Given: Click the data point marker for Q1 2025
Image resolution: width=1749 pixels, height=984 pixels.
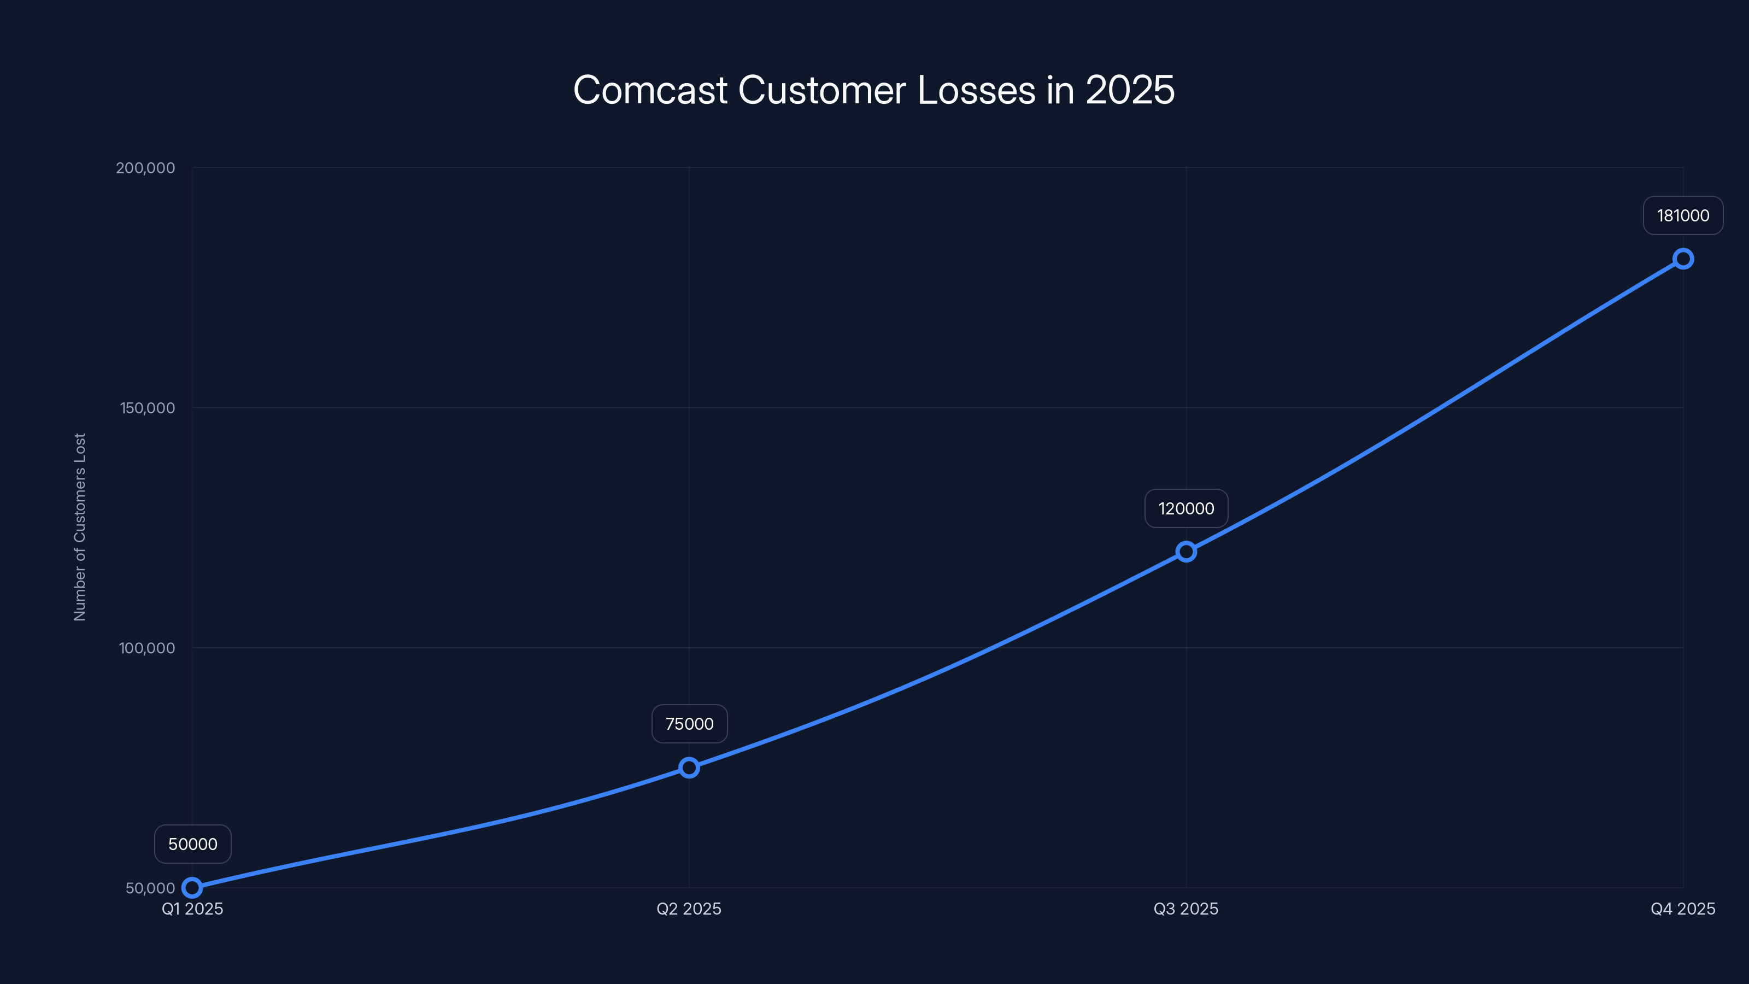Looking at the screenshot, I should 192,888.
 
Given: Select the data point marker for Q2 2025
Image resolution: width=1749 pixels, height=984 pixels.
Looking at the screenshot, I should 689,768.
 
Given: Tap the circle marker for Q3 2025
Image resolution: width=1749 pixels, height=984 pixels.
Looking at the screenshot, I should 1186,552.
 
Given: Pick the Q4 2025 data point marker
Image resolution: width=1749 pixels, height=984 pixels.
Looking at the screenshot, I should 1683,259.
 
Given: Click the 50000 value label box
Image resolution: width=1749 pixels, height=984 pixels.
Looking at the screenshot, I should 193,844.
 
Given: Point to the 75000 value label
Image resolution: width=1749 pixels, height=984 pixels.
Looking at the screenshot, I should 689,724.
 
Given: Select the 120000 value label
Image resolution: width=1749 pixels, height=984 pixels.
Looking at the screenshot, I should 1186,508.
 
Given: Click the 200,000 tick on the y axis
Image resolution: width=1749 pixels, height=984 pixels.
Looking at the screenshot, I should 145,168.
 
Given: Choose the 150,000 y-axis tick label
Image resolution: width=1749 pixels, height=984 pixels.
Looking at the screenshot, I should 148,408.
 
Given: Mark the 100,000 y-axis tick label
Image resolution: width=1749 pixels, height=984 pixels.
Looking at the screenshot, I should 148,648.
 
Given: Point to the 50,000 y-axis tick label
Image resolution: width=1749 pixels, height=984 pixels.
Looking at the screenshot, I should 150,888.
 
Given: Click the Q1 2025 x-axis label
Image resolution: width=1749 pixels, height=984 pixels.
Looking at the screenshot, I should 192,909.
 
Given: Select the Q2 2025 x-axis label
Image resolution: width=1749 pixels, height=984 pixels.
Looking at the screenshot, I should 689,909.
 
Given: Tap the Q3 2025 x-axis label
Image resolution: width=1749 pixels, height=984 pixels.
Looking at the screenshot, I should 1186,909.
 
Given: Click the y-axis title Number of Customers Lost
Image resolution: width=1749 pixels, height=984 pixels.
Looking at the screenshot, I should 80,527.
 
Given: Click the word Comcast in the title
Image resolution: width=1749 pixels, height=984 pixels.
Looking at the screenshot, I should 650,90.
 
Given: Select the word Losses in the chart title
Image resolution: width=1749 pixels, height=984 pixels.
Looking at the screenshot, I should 976,90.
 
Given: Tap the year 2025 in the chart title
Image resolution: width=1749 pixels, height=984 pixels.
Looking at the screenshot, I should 1130,90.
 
